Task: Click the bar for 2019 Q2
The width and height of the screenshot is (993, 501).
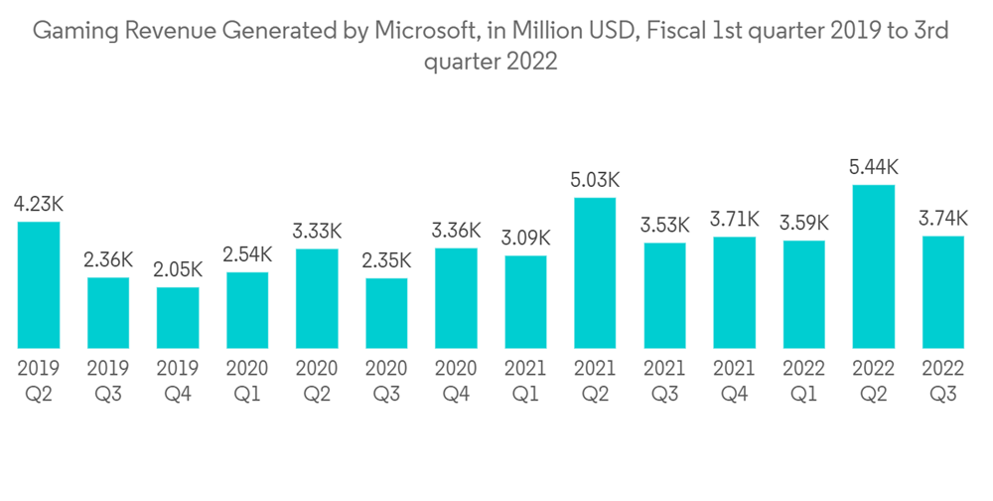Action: coord(39,284)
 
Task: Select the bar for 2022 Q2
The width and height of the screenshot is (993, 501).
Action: coord(873,265)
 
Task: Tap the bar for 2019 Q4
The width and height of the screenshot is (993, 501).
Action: coord(178,317)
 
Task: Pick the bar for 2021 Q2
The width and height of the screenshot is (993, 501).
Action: coord(595,272)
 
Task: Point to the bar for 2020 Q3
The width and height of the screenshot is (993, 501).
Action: coord(386,312)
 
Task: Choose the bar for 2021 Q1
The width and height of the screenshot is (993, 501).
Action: coord(525,301)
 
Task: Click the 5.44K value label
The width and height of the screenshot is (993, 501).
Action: coord(873,168)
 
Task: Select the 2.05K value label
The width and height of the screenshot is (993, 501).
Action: coord(178,270)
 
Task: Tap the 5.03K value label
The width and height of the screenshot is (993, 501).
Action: coord(595,181)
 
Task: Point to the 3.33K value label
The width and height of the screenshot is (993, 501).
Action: coord(317,232)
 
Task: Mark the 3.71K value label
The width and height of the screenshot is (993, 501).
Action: coord(734,220)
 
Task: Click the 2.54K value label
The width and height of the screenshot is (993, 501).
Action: coord(247,255)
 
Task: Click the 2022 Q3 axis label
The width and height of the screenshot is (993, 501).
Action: coord(942,381)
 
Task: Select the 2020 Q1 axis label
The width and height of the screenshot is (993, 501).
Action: coord(247,381)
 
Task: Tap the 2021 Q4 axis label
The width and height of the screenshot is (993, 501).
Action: coord(734,381)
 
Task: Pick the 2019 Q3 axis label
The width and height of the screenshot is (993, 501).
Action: coord(108,381)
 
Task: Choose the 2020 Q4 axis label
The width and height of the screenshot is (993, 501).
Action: coord(456,381)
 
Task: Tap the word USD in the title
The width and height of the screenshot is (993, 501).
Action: coord(606,32)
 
